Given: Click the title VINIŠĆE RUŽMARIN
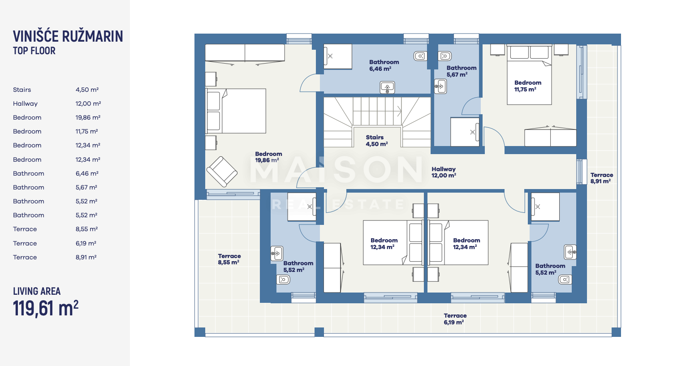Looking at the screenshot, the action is pos(68,36).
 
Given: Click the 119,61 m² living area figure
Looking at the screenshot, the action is pos(46,308).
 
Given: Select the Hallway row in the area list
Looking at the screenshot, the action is pos(57,103).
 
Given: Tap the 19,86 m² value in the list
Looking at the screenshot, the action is pos(88,117).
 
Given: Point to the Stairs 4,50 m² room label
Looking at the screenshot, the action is pos(377,141).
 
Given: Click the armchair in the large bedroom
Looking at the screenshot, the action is pos(222,172).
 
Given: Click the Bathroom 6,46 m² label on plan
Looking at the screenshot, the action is pos(384,65).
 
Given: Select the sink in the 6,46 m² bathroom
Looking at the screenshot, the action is pos(387,87).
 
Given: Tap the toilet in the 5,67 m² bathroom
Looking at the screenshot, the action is pos(444,56).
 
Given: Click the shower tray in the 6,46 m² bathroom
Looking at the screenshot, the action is pos(338,56).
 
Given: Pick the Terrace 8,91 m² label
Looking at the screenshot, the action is pos(601,178).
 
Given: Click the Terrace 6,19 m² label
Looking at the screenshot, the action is pos(455,319).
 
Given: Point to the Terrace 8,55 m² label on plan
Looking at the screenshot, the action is pos(229,259).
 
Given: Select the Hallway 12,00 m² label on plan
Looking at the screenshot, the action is pos(444,172).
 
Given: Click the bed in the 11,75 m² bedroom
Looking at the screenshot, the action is pos(529,75).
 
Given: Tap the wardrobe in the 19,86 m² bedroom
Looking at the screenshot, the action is pos(245,53).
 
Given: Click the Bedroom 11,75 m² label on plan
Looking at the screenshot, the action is pos(527,86).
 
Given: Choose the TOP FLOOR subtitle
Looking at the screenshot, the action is pos(34,51).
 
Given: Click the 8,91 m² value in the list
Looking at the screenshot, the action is pos(86,257).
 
